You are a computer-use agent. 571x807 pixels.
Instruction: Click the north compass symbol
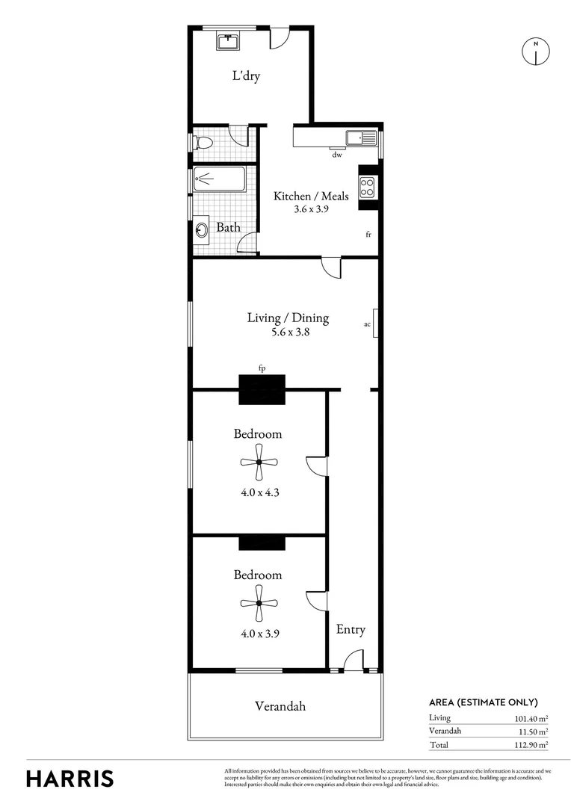(x=535, y=51)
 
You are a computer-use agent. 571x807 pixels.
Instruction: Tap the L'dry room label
(x=245, y=76)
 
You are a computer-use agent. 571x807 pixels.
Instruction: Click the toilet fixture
(x=201, y=142)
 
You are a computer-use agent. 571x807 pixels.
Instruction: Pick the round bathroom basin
(x=203, y=229)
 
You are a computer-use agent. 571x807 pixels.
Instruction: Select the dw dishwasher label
(x=337, y=155)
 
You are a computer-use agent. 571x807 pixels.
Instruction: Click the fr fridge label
(x=368, y=235)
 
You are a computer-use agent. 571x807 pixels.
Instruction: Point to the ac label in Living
(x=367, y=324)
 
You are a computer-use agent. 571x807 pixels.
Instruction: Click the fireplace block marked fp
(x=262, y=389)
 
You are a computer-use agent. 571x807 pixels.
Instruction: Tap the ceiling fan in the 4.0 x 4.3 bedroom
(x=259, y=462)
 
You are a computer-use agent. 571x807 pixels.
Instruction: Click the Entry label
(x=351, y=630)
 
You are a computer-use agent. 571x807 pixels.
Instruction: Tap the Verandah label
(x=280, y=706)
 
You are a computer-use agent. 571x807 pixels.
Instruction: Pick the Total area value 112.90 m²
(x=528, y=745)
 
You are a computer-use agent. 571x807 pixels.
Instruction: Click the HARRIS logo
(x=70, y=778)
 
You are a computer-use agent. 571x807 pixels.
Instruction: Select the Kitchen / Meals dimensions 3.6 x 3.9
(x=311, y=209)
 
